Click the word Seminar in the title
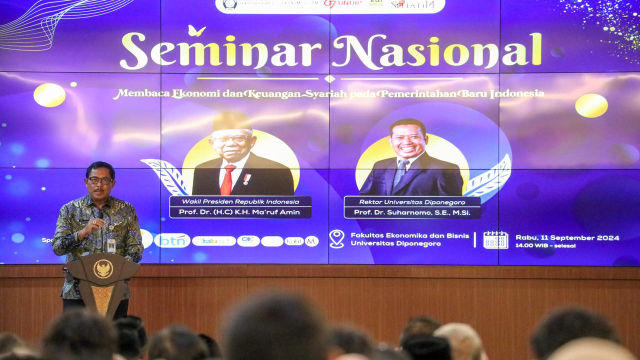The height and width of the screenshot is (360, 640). tap(220, 52)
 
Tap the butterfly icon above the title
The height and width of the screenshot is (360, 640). tap(196, 31)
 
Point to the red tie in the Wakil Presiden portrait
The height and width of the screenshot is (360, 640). tap(227, 180)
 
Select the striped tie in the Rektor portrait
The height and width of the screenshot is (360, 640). tap(400, 173)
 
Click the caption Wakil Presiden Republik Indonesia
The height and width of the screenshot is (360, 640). tap(240, 201)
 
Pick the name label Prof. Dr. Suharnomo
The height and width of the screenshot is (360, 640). tap(412, 212)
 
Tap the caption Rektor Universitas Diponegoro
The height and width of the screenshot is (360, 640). tap(412, 202)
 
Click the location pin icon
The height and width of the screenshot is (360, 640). tap(336, 239)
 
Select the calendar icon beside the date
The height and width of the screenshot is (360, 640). tap(495, 240)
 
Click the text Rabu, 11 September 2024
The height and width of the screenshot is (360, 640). tap(567, 237)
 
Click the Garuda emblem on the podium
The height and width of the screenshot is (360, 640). tap(103, 269)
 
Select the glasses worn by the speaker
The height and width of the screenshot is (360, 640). tap(100, 180)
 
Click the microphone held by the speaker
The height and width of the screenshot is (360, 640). tap(100, 216)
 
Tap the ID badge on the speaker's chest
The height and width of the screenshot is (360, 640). tap(111, 245)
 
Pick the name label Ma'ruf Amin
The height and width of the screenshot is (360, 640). tap(240, 212)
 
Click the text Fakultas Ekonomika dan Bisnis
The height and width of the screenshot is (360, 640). tap(409, 235)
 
